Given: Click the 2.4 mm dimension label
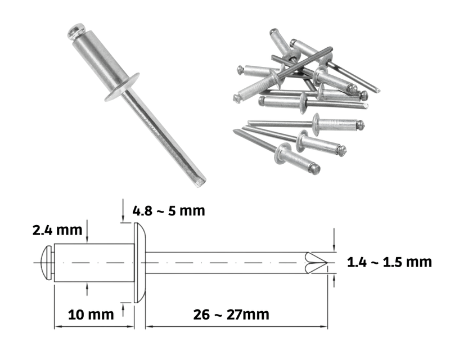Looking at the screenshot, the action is pyautogui.click(x=57, y=230).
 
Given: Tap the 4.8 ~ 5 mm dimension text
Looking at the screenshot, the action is pyautogui.click(x=169, y=211).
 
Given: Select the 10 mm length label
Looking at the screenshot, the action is pyautogui.click(x=91, y=314).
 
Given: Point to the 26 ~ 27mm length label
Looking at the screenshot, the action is pyautogui.click(x=231, y=314).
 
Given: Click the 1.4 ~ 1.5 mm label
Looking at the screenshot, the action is pyautogui.click(x=389, y=262).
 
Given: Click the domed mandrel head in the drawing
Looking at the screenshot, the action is pyautogui.click(x=47, y=263).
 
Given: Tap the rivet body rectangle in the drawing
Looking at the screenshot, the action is pyautogui.click(x=94, y=263).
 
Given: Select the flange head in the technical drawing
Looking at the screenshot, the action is pyautogui.click(x=139, y=263).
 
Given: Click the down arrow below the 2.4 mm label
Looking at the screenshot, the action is pyautogui.click(x=87, y=231).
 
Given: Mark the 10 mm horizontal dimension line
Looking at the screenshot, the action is pyautogui.click(x=94, y=326).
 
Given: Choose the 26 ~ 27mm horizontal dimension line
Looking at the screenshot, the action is pyautogui.click(x=236, y=326).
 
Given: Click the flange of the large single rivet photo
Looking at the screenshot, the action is pyautogui.click(x=122, y=87).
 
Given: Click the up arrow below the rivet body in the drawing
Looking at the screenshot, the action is pyautogui.click(x=87, y=289).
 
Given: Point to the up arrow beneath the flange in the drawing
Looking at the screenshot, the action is pyautogui.click(x=123, y=310).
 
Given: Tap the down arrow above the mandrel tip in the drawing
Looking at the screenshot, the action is pyautogui.click(x=334, y=240).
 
